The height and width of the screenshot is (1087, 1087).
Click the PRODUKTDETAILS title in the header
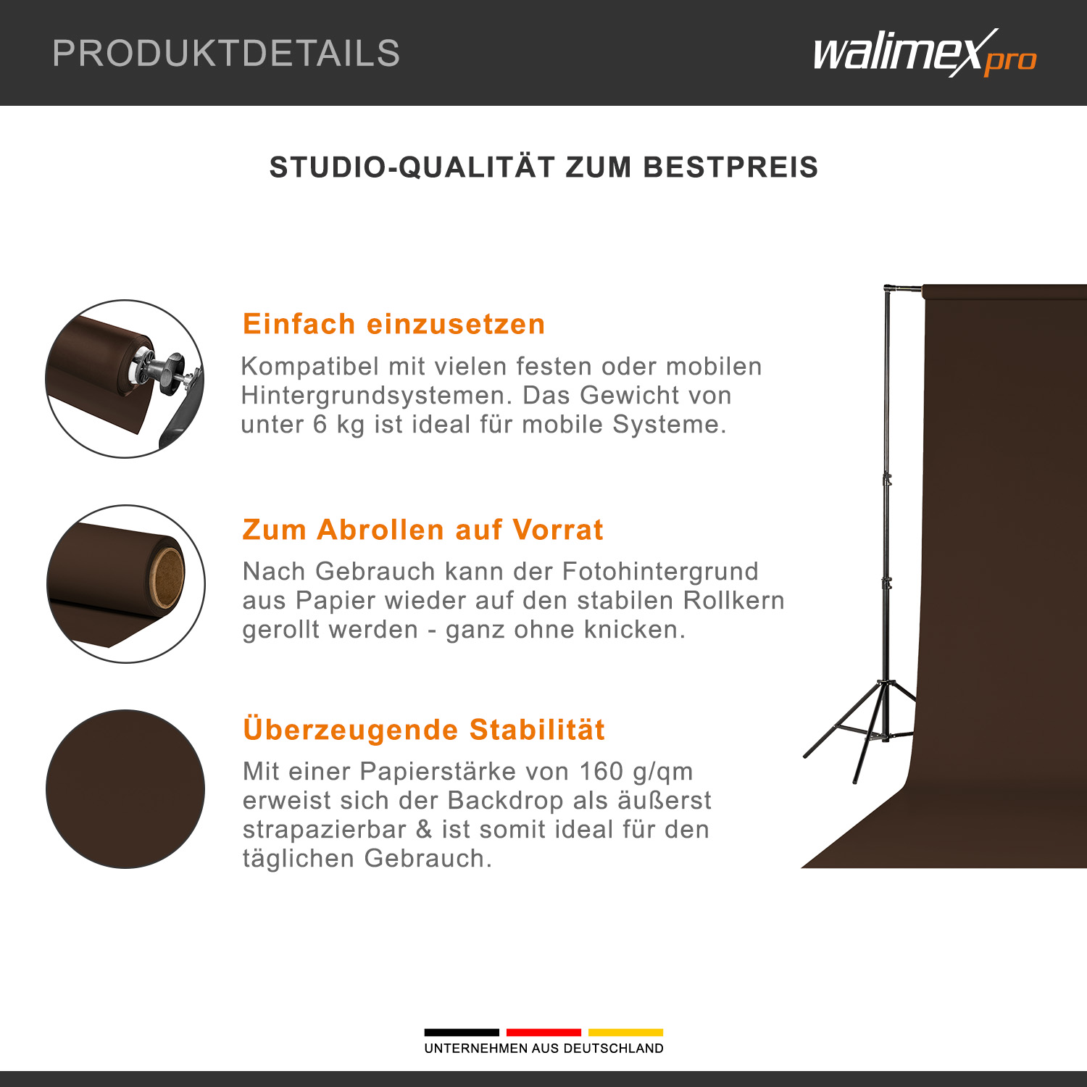point(226,53)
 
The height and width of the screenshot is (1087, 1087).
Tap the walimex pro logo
point(925,53)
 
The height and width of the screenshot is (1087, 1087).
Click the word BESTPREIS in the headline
point(730,167)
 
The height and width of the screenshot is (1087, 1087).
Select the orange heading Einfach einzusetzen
point(393,324)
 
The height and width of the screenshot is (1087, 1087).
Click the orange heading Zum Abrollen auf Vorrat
point(422,530)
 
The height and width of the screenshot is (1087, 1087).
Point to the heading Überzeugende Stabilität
point(424,729)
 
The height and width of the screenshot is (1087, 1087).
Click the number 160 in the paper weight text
point(601,771)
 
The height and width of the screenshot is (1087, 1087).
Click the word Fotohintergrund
point(660,571)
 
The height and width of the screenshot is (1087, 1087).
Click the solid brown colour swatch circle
point(125,788)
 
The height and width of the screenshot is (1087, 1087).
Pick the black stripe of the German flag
point(462,1032)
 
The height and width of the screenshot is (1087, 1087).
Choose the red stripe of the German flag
point(543,1032)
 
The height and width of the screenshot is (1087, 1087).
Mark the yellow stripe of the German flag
point(625,1032)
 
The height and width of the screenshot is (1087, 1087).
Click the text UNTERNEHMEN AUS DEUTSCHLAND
point(543,1049)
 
